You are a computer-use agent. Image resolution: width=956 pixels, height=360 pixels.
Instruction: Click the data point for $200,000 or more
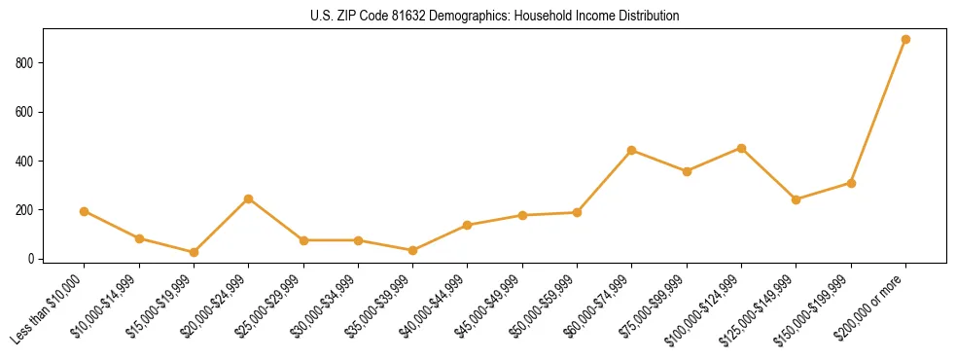point(905,40)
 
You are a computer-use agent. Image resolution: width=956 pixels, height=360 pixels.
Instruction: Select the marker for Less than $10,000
point(85,211)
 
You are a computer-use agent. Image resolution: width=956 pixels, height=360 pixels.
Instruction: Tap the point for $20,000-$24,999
point(249,198)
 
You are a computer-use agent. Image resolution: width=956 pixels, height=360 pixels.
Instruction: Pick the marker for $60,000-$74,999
point(632,151)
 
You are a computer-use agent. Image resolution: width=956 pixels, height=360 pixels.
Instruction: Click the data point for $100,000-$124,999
point(741,148)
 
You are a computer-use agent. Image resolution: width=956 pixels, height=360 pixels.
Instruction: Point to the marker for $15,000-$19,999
point(194,252)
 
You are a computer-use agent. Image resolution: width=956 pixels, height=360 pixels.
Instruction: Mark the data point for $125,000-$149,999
point(796,199)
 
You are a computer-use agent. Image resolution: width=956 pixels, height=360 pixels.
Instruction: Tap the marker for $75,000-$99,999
point(687,171)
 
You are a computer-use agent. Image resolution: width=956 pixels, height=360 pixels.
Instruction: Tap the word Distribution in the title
point(650,17)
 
